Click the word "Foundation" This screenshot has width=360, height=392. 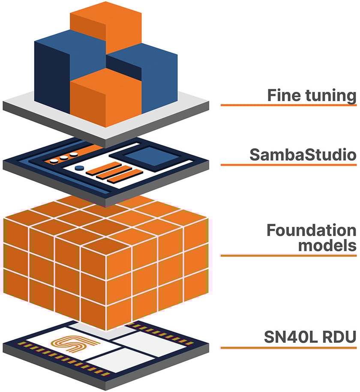(x=311, y=230)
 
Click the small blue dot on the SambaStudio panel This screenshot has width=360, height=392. (x=78, y=168)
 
